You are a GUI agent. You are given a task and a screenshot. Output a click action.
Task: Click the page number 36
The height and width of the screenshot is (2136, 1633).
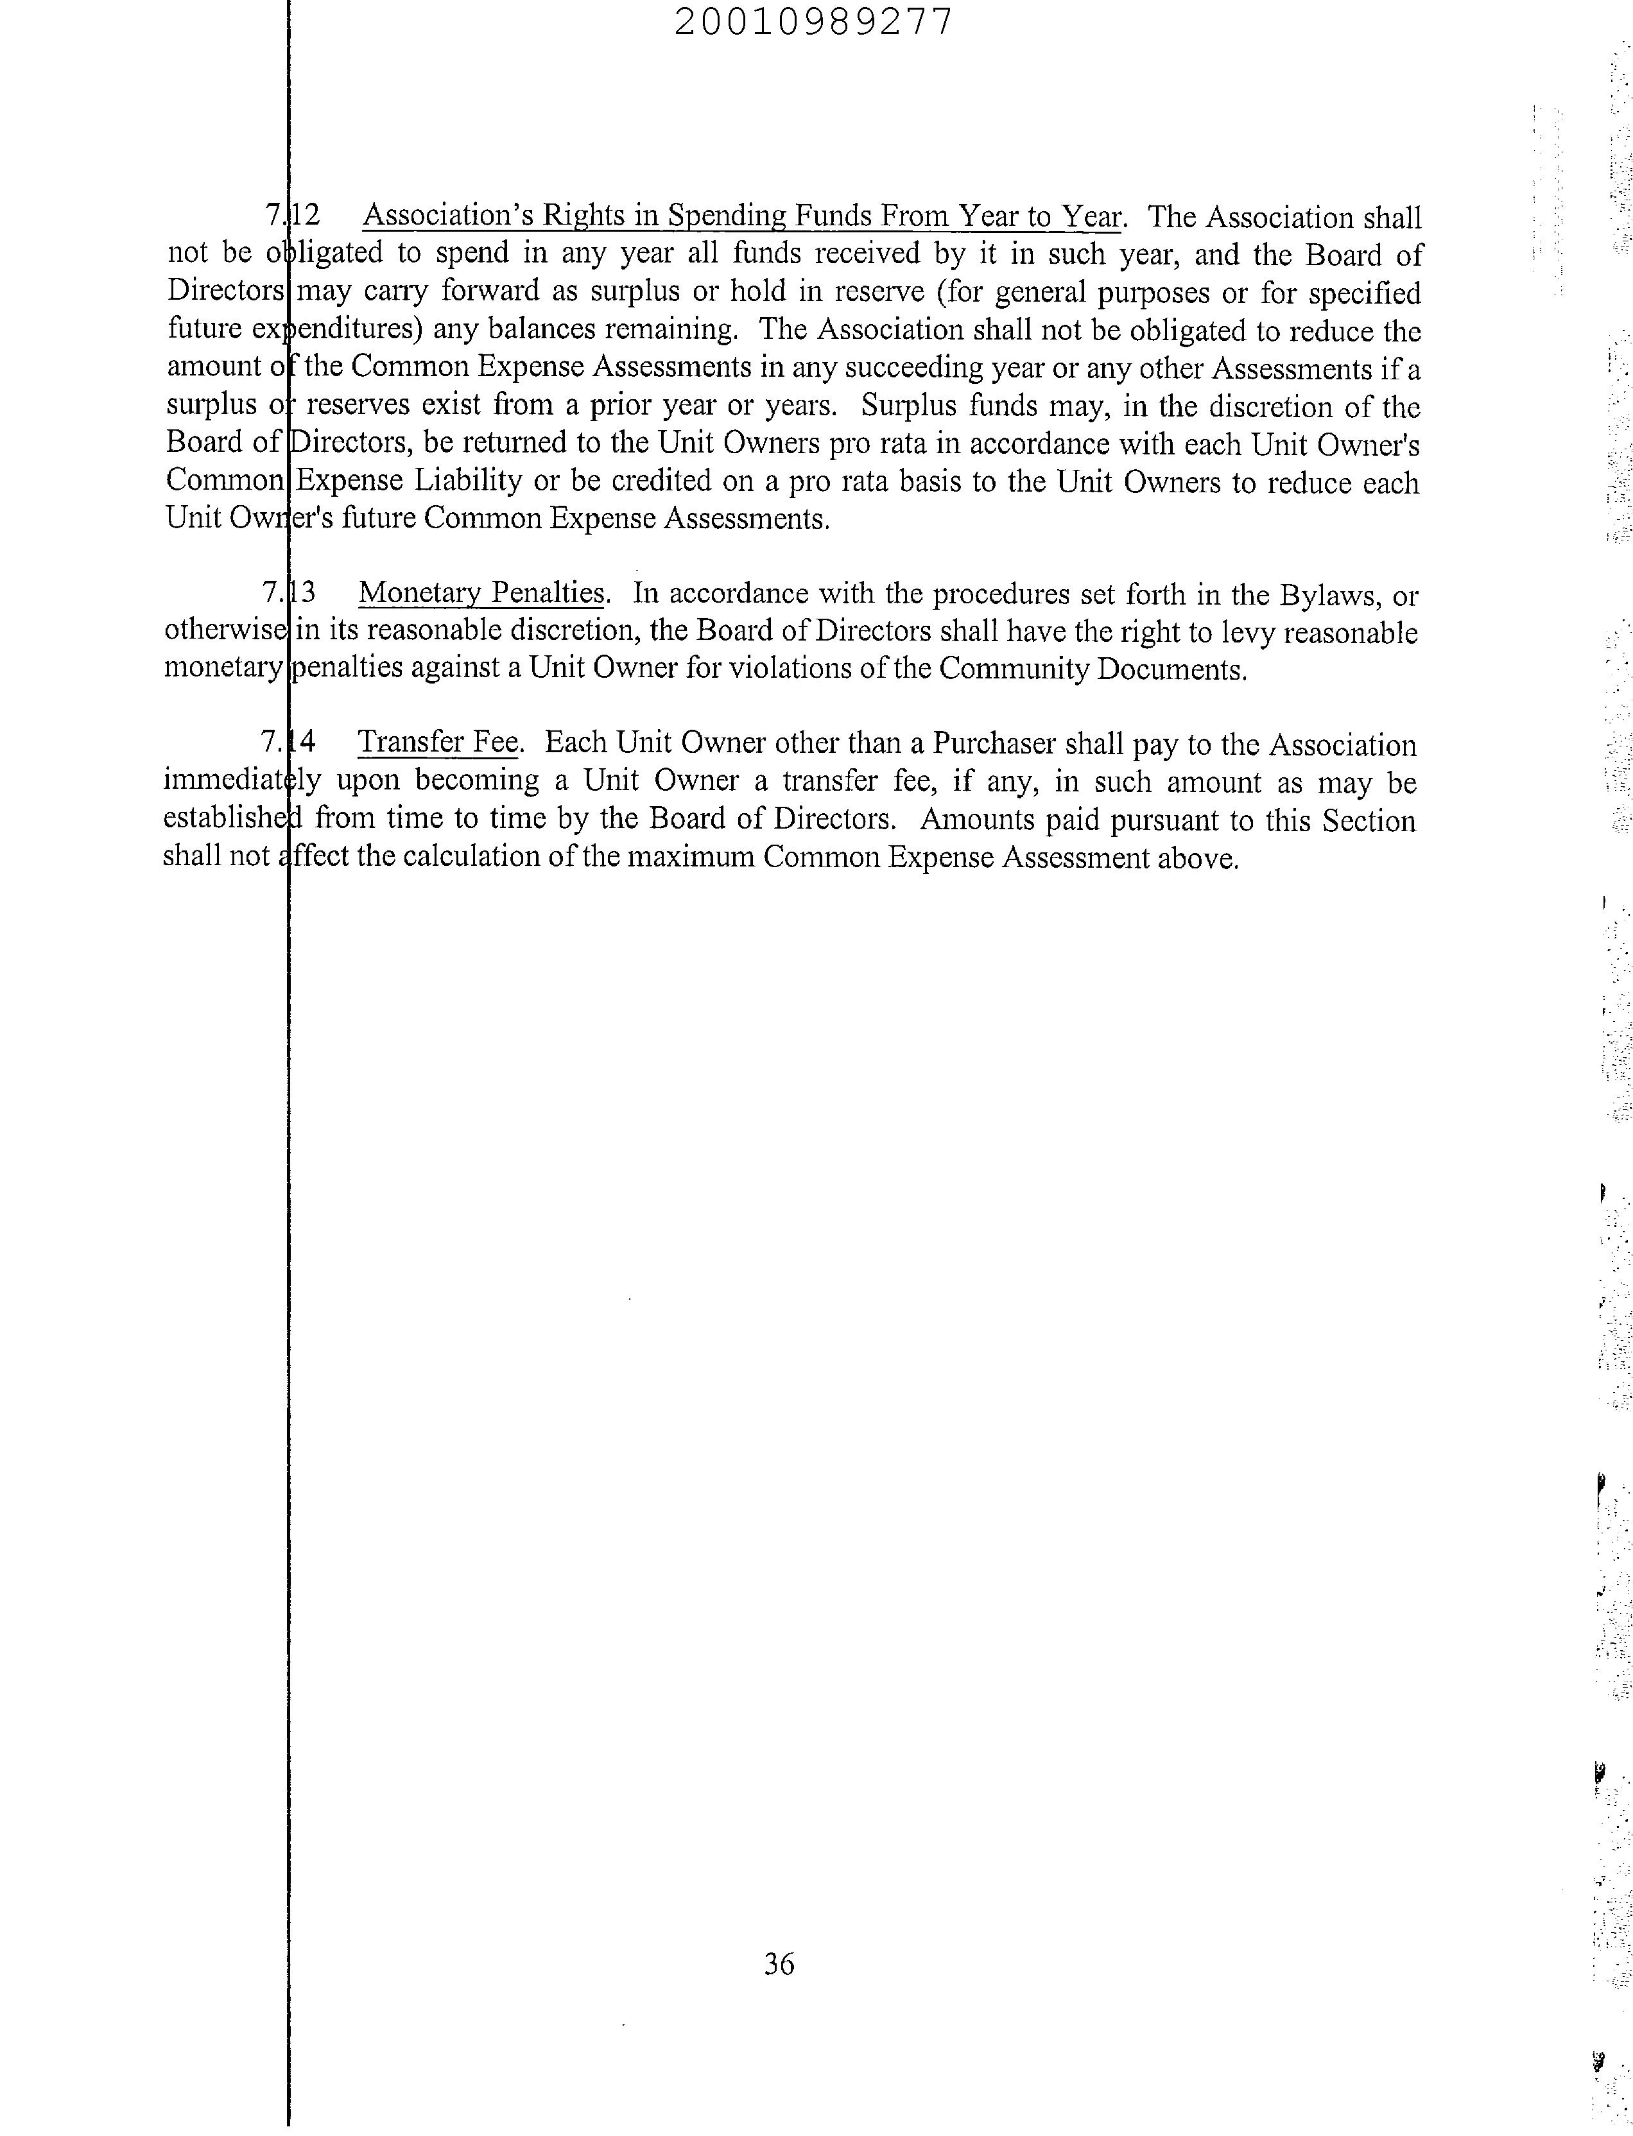(779, 1964)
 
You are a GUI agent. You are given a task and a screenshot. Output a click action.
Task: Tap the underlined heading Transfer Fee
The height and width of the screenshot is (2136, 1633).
(438, 743)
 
